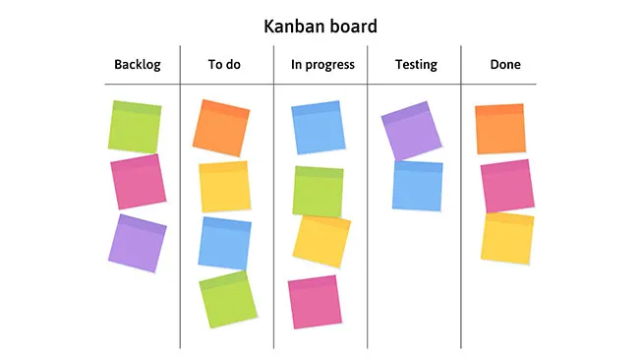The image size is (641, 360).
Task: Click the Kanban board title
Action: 320,26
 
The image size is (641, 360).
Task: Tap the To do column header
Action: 224,65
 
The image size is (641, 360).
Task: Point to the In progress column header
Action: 322,65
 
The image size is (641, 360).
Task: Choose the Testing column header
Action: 416,65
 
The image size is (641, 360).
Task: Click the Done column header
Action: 505,65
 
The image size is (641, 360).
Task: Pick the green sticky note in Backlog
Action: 136,126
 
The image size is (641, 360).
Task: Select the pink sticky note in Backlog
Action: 138,182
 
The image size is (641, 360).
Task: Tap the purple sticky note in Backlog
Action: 137,242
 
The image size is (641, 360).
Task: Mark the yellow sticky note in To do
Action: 224,187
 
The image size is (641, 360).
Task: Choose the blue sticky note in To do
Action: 224,243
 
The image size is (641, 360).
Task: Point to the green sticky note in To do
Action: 227,299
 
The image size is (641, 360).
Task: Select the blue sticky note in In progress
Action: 317,128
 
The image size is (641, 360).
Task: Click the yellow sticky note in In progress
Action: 321,241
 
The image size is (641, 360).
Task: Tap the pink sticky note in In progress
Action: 314,302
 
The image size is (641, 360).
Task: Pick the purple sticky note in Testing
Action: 411,130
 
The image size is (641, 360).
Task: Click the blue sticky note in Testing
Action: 418,185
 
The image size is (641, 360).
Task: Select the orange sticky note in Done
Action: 500,129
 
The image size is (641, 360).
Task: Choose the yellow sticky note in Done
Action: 507,237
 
